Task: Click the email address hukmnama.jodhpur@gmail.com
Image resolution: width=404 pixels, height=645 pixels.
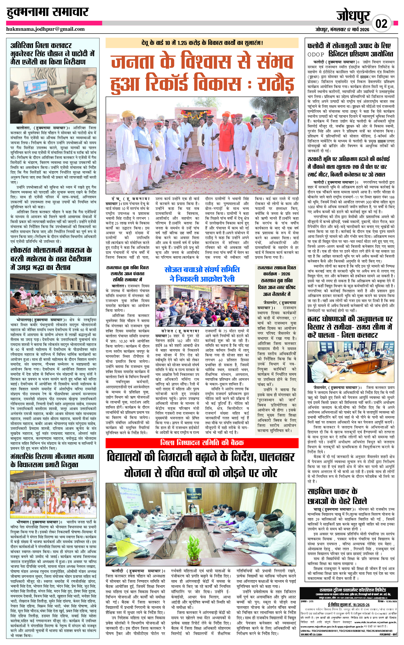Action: click(45, 29)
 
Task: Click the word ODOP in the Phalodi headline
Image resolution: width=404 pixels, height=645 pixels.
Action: click(316, 54)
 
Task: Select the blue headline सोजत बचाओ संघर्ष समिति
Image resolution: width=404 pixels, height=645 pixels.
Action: click(202, 269)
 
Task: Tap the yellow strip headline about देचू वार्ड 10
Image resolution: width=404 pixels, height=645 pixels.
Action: click(202, 43)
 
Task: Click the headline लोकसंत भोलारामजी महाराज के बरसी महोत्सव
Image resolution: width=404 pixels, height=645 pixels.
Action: click(51, 259)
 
